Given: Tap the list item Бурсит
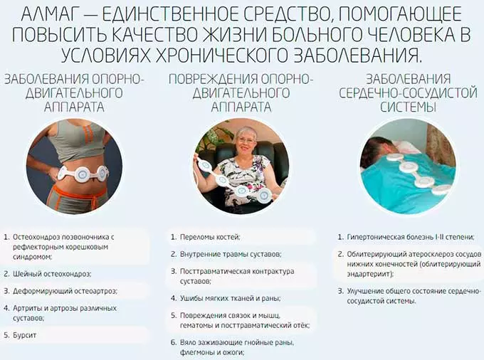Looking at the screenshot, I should coord(24,334).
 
